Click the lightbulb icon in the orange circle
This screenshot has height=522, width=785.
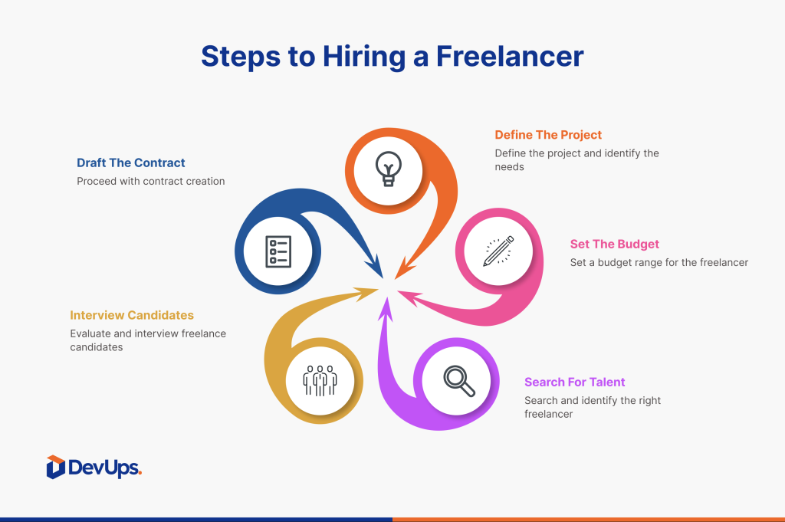coord(389,169)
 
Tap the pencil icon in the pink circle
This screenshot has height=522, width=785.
coord(498,251)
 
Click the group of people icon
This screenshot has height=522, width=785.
coord(320,380)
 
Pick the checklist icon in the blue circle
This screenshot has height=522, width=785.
coord(278,251)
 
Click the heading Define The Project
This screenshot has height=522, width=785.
coord(548,135)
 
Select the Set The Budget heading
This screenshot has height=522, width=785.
coord(614,244)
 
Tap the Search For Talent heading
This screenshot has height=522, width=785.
coord(575,382)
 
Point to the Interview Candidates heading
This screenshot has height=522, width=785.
coord(132,315)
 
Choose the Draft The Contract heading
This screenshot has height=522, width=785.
coord(130,163)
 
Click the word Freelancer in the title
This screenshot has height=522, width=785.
coord(510,56)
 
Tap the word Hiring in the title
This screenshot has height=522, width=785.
coord(364,57)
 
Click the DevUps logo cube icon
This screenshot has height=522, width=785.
coord(55,467)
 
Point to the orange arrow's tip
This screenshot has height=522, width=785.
coord(395,279)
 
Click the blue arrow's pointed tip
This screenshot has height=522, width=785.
coord(383,277)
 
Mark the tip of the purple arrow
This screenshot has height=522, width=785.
coord(386,297)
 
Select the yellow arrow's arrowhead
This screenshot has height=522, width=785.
coord(377,289)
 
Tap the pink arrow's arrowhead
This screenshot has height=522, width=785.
coord(398,291)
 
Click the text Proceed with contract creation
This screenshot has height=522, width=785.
coord(151,181)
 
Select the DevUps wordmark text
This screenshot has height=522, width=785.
coord(104,468)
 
